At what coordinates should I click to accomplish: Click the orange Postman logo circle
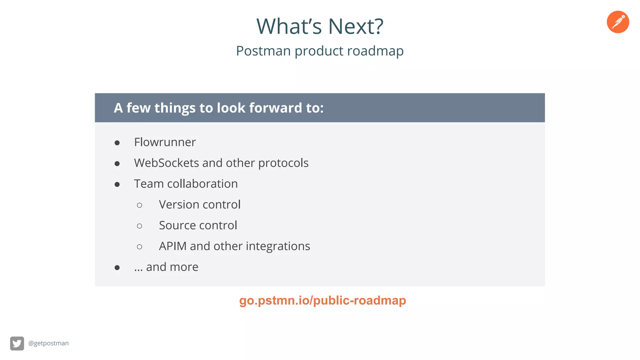[618, 22]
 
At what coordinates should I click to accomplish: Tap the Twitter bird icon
[17, 343]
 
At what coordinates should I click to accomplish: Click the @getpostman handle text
[48, 343]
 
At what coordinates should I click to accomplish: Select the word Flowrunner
[165, 142]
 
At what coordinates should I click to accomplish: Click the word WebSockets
[167, 163]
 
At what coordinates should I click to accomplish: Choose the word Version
[178, 205]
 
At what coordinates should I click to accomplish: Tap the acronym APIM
[172, 246]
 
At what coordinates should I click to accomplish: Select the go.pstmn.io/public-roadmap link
[322, 301]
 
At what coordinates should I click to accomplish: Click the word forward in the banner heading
[275, 108]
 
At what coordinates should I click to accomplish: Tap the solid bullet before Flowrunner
[117, 143]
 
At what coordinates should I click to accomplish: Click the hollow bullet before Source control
[139, 226]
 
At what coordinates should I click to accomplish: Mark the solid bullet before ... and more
[117, 268]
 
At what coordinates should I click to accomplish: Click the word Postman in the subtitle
[263, 51]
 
